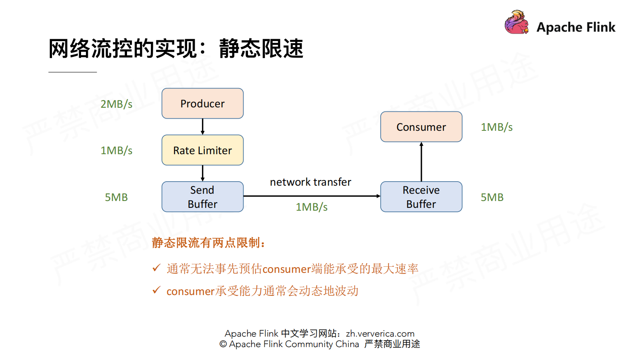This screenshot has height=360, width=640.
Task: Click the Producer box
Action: click(x=202, y=104)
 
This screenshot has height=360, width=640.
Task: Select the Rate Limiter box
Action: click(x=202, y=150)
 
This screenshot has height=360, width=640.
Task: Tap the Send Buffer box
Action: click(x=202, y=197)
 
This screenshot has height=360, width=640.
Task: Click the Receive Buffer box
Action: click(x=421, y=197)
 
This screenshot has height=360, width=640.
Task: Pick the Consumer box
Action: click(x=421, y=127)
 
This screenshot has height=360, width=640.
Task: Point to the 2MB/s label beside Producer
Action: click(x=116, y=104)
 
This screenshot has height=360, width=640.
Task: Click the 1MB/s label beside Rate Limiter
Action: click(x=116, y=151)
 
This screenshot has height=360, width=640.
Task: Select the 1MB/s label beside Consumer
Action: click(x=496, y=127)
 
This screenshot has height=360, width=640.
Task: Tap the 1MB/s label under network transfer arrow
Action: click(x=311, y=207)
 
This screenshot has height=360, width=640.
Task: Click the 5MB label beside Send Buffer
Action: click(x=116, y=197)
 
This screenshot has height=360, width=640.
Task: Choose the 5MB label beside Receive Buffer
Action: click(x=492, y=197)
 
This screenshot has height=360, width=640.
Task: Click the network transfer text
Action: click(x=311, y=182)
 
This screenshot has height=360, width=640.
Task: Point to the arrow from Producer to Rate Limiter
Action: click(x=202, y=127)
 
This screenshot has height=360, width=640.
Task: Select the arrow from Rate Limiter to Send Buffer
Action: click(x=202, y=173)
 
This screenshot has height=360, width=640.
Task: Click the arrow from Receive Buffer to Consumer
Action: click(x=421, y=161)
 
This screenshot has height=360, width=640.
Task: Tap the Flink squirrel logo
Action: click(x=516, y=23)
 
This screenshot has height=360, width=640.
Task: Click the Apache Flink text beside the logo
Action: click(x=576, y=27)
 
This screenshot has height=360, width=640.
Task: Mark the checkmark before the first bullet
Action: click(x=156, y=268)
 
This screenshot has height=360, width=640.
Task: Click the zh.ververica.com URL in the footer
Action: click(x=380, y=333)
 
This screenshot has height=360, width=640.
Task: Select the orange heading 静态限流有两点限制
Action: click(x=208, y=243)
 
